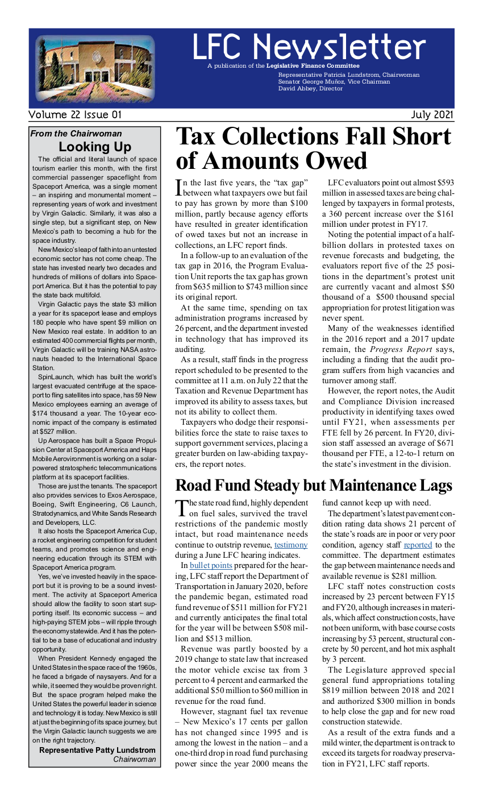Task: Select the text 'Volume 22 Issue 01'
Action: coord(75,115)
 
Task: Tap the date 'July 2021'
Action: coord(432,115)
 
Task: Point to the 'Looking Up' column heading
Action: coord(95,147)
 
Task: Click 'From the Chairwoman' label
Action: coord(76,134)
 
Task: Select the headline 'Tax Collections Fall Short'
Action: coord(313,137)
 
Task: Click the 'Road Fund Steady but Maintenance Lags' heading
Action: coord(314,486)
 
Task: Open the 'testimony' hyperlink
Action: coord(291,545)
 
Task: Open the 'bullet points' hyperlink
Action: coord(211,566)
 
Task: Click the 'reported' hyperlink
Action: coord(418,545)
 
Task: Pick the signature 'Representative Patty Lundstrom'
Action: coord(97,750)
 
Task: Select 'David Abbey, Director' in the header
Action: coord(310,89)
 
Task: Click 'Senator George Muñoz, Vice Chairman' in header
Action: coord(334,82)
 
